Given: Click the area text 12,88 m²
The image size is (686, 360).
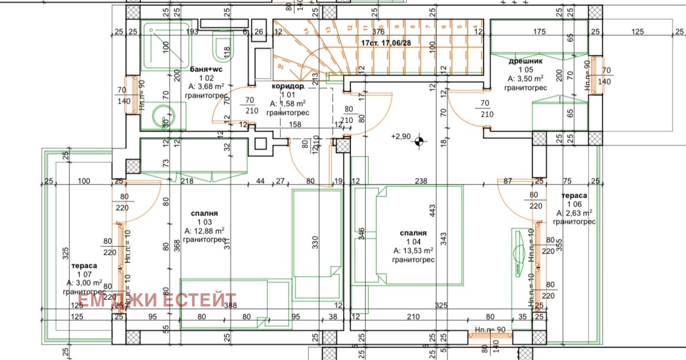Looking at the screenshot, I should (x=204, y=231).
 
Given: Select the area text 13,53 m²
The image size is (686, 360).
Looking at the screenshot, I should (x=413, y=251).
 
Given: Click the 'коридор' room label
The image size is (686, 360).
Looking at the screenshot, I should (x=288, y=86).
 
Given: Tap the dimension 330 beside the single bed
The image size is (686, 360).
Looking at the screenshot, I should (x=316, y=242).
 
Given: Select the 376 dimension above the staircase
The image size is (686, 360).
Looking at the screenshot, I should (x=378, y=32).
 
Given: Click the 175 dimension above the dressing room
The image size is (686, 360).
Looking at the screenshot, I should (x=539, y=32).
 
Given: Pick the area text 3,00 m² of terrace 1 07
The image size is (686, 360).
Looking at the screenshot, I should (x=84, y=283).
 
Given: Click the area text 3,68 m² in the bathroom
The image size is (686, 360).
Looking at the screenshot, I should (x=206, y=86).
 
